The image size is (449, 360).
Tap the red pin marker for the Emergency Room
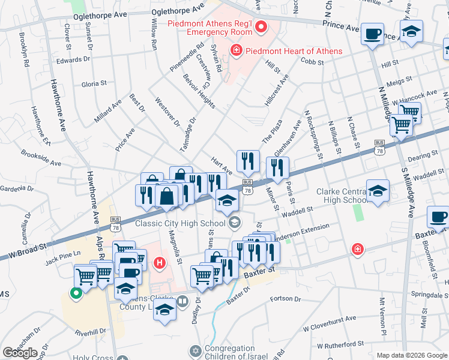click(x=261, y=26)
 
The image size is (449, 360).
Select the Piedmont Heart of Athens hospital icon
click(x=237, y=50)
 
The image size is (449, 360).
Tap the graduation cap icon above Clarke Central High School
click(x=378, y=191)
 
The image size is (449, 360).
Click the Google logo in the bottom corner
click(x=20, y=353)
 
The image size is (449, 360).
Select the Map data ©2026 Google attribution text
click(x=412, y=355)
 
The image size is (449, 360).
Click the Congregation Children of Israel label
click(x=238, y=353)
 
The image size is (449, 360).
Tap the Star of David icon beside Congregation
click(x=194, y=350)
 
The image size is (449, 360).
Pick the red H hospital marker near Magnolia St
click(x=159, y=262)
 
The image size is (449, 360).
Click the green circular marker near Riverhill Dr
click(x=76, y=293)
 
